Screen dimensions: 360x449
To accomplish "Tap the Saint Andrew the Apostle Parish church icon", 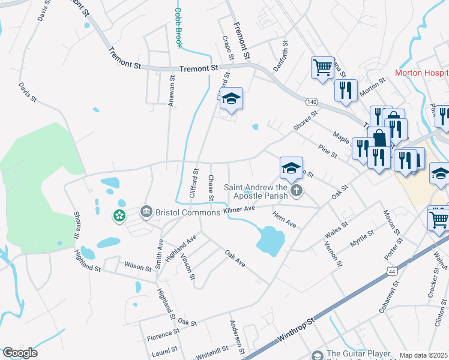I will click(295, 191).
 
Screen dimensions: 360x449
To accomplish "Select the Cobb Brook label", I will click(178, 28).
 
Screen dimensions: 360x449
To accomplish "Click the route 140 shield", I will click(311, 102).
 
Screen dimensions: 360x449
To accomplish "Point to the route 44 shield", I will click(392, 272).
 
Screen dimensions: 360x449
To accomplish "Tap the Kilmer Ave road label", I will click(240, 209).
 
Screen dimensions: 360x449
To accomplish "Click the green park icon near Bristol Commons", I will click(119, 215).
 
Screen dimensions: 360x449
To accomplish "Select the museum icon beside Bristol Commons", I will click(146, 212).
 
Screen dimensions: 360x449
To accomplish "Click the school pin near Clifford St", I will click(231, 99).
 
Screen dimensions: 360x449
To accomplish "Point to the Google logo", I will click(20, 353).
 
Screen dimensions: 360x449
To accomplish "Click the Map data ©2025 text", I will click(424, 355).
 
